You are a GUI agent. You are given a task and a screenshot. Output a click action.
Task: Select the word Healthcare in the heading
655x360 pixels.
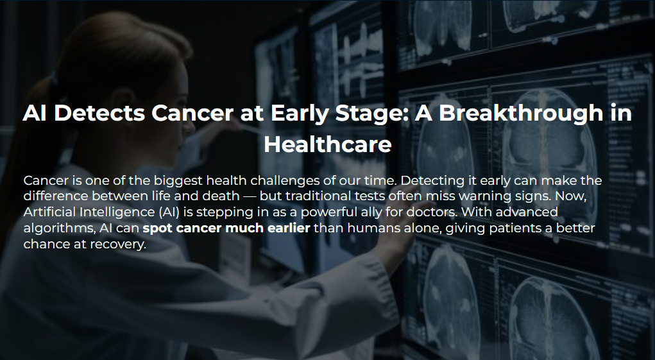pos(327,144)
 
